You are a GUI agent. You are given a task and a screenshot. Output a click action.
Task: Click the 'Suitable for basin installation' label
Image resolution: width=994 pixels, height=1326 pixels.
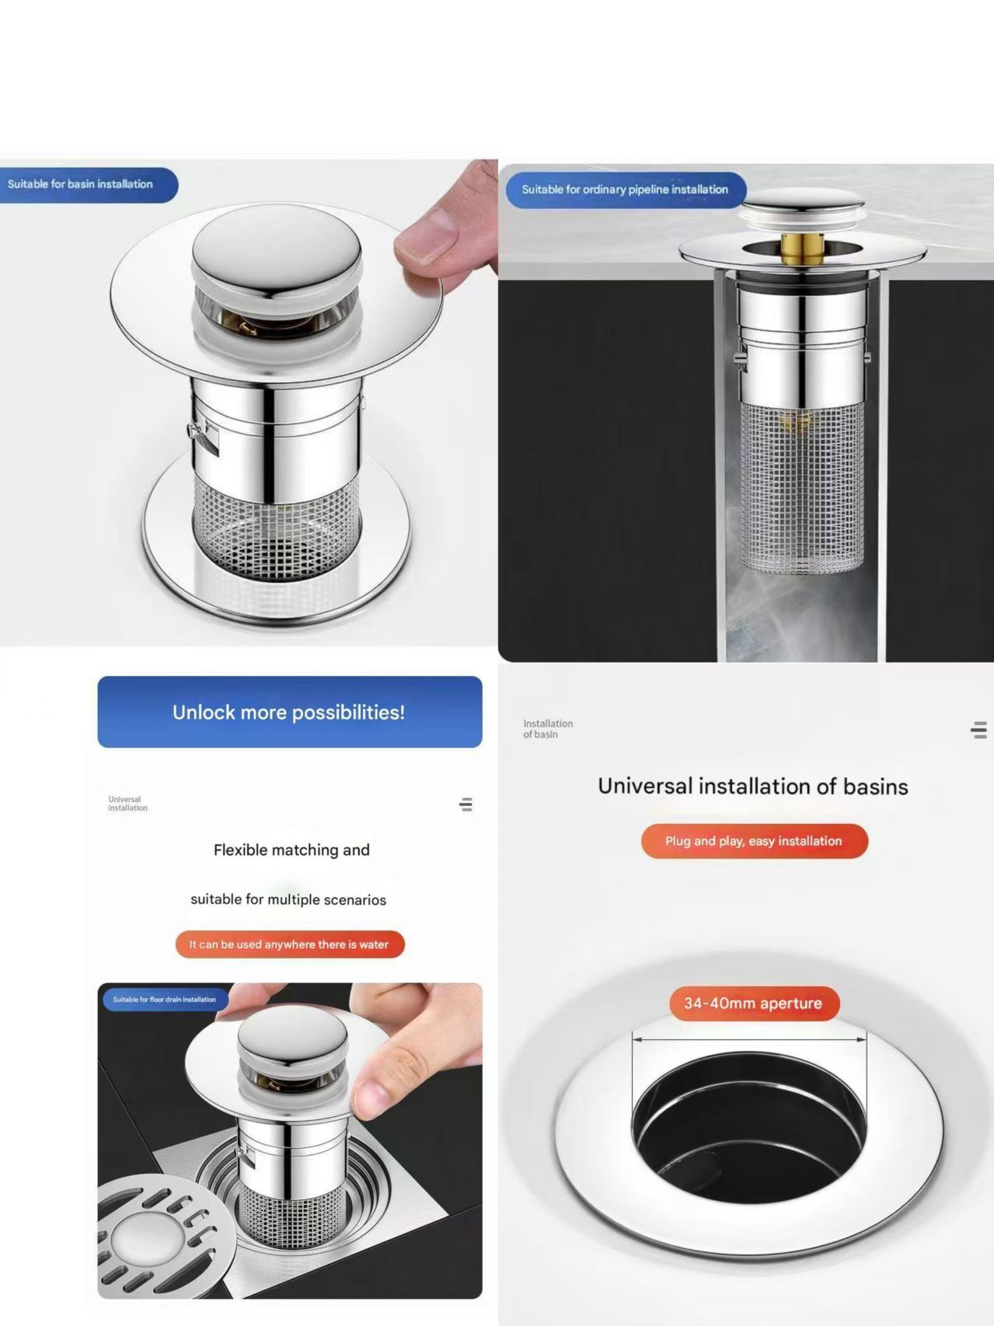pos(88,185)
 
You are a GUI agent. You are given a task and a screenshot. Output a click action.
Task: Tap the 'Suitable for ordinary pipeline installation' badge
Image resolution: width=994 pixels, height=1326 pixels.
pos(626,190)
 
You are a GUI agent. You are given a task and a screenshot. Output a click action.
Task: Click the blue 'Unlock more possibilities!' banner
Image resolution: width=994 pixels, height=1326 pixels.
pos(290,712)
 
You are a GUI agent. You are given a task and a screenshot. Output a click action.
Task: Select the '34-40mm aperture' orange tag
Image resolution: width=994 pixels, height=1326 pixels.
pos(754,1003)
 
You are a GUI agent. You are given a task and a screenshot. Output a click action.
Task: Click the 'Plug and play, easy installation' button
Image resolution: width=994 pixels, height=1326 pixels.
pos(754,841)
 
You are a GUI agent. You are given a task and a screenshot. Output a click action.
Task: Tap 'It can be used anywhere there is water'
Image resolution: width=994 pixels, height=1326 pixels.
pos(290,944)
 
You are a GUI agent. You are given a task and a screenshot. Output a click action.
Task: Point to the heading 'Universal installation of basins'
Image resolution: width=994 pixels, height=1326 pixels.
pos(753,787)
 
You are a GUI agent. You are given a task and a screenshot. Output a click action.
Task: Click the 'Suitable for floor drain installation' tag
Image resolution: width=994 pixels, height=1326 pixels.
pos(165,1000)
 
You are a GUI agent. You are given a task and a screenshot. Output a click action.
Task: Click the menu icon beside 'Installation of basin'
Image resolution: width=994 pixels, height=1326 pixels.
pos(979,730)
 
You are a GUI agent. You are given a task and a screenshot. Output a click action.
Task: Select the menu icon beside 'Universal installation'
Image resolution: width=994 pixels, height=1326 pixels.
pos(466,804)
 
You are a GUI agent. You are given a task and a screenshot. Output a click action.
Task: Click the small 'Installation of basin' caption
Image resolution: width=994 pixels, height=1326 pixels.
pos(548,729)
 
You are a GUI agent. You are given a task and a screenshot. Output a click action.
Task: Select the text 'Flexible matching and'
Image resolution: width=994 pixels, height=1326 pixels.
pos(291,850)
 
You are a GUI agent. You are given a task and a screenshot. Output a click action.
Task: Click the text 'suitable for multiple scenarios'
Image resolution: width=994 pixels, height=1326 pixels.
pos(288,899)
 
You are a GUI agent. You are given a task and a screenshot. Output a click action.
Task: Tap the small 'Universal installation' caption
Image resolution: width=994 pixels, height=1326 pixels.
pos(127,804)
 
